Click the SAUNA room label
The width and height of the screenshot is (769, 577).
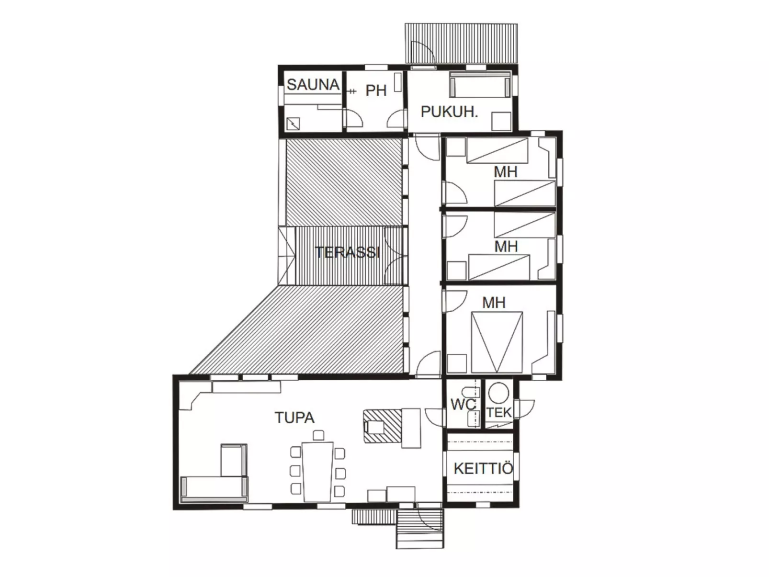click(x=313, y=84)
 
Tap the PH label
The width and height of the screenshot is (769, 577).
click(x=376, y=91)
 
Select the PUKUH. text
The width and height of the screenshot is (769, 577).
click(x=449, y=112)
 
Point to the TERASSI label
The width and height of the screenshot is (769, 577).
click(x=348, y=252)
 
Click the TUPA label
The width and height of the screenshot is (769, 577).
click(x=294, y=418)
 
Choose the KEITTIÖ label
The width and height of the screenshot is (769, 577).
click(x=484, y=468)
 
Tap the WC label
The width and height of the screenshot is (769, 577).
click(x=463, y=405)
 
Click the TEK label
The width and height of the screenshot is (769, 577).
click(x=499, y=413)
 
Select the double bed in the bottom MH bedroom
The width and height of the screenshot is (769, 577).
click(x=497, y=342)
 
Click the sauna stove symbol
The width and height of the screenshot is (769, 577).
click(x=293, y=124)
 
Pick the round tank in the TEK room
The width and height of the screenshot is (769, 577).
click(x=498, y=393)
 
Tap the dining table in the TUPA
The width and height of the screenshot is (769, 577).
click(x=317, y=472)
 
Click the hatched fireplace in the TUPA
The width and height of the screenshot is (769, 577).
click(x=382, y=427)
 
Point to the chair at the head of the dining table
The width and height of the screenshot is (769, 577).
click(x=318, y=435)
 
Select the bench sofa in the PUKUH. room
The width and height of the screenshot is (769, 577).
click(x=480, y=84)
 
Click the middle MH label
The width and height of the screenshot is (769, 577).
click(x=506, y=247)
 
